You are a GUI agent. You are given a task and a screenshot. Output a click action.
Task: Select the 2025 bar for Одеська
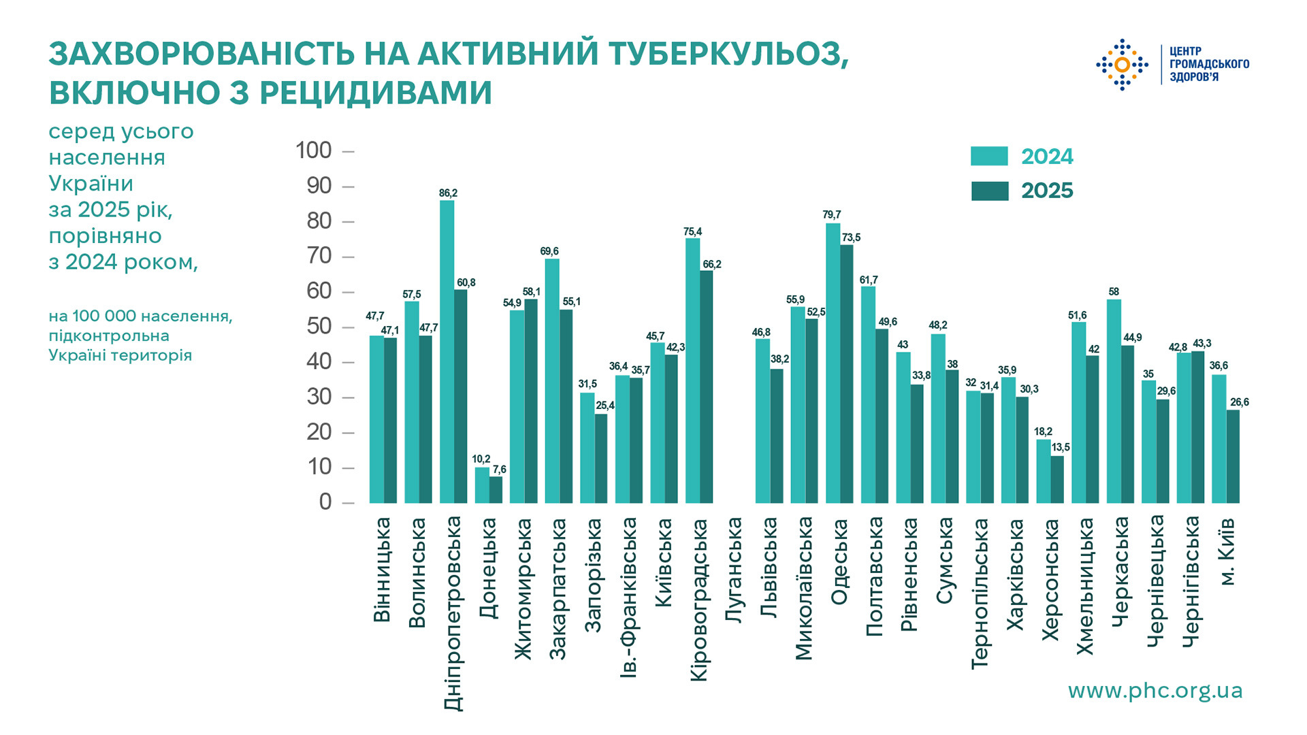[846, 374]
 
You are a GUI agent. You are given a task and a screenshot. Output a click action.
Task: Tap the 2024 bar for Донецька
[482, 485]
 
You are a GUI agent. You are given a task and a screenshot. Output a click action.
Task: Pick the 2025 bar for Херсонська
[1056, 480]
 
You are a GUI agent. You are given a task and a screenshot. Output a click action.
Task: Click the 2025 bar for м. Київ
[1233, 457]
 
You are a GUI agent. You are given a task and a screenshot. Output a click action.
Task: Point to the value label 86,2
[448, 193]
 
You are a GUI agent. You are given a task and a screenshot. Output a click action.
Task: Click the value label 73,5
[851, 238]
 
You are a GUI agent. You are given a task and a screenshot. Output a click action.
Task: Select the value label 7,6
[500, 470]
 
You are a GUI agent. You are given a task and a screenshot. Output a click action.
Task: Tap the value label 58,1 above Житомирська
[532, 292]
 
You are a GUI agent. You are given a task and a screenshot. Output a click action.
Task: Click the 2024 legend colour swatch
[989, 156]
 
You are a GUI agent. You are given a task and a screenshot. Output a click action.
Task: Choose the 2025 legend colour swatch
[989, 191]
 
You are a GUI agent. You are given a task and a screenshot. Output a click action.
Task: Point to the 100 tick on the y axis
[313, 150]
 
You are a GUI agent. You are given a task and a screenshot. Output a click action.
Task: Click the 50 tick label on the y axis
[319, 327]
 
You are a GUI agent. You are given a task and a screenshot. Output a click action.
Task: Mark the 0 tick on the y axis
[325, 502]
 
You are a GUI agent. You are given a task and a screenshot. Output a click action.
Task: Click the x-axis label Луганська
[733, 570]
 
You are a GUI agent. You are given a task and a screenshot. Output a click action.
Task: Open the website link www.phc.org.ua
[1155, 691]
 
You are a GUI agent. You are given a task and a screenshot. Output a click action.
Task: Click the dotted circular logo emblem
[1122, 65]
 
